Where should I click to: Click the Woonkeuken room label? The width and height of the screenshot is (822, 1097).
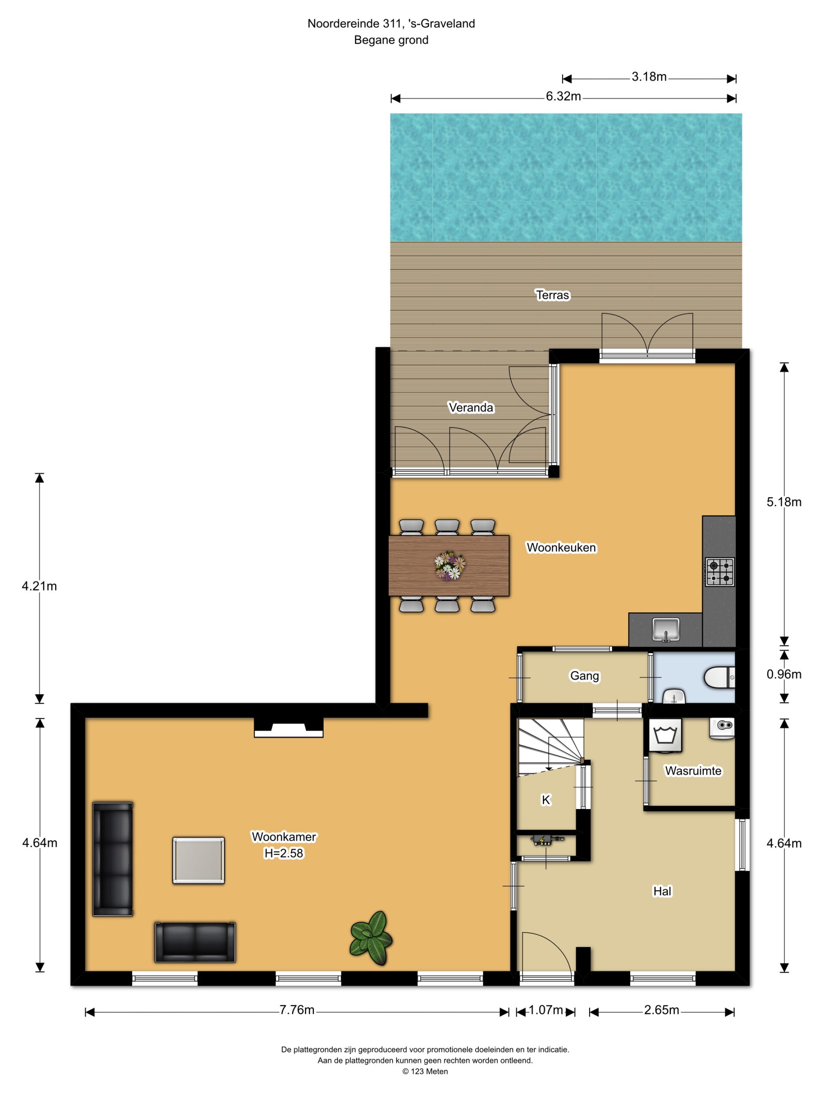561,548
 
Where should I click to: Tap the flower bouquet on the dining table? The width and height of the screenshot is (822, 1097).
450,565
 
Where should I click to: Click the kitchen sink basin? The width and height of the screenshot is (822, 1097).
666,629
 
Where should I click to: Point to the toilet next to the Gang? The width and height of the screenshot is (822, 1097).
719,677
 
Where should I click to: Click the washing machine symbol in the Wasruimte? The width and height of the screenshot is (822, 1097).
665,735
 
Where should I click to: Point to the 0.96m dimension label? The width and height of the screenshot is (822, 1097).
784,674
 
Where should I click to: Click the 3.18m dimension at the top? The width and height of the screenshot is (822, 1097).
649,77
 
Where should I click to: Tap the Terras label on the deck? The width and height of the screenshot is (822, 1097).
552,295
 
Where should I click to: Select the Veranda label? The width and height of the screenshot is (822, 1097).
471,408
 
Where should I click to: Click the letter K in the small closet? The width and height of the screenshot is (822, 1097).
546,800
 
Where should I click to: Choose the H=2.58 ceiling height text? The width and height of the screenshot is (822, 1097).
283,854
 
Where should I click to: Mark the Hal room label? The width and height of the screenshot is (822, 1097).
662,891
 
